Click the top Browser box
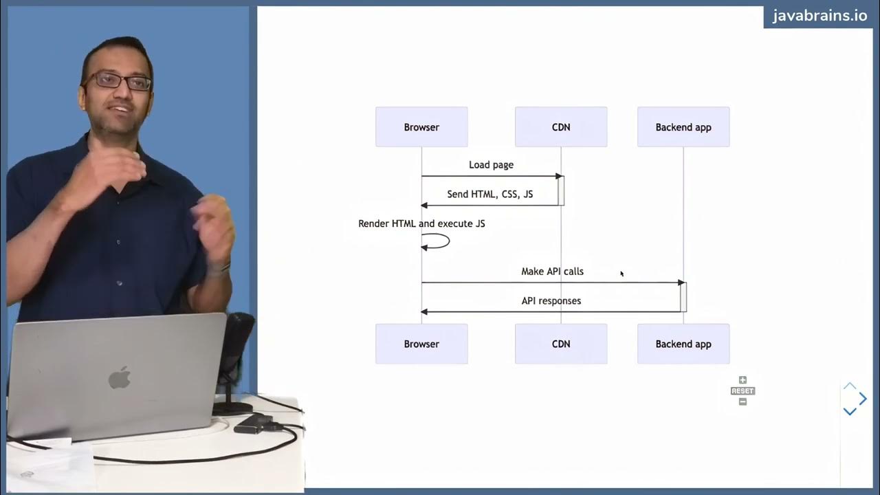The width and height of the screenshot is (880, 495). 421,127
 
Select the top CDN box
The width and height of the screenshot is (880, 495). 561,127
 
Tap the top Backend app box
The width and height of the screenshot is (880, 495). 683,127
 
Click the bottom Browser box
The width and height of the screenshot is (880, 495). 421,344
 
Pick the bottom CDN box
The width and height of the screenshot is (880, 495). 561,344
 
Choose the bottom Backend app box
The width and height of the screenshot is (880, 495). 683,344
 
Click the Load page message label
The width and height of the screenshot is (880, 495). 491,165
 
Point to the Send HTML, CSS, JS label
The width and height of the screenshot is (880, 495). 490,195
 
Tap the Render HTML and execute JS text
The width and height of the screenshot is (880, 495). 421,223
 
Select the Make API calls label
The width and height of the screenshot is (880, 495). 552,272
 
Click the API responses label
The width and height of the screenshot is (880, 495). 551,301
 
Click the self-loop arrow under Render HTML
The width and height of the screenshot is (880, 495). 440,241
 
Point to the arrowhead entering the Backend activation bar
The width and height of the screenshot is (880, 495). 681,283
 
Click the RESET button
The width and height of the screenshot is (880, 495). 742,390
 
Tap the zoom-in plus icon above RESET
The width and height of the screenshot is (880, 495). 742,380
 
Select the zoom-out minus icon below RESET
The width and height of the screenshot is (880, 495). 742,401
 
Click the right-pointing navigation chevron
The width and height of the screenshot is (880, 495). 863,399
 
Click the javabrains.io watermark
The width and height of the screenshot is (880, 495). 820,16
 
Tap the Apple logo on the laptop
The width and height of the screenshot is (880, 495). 120,377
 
